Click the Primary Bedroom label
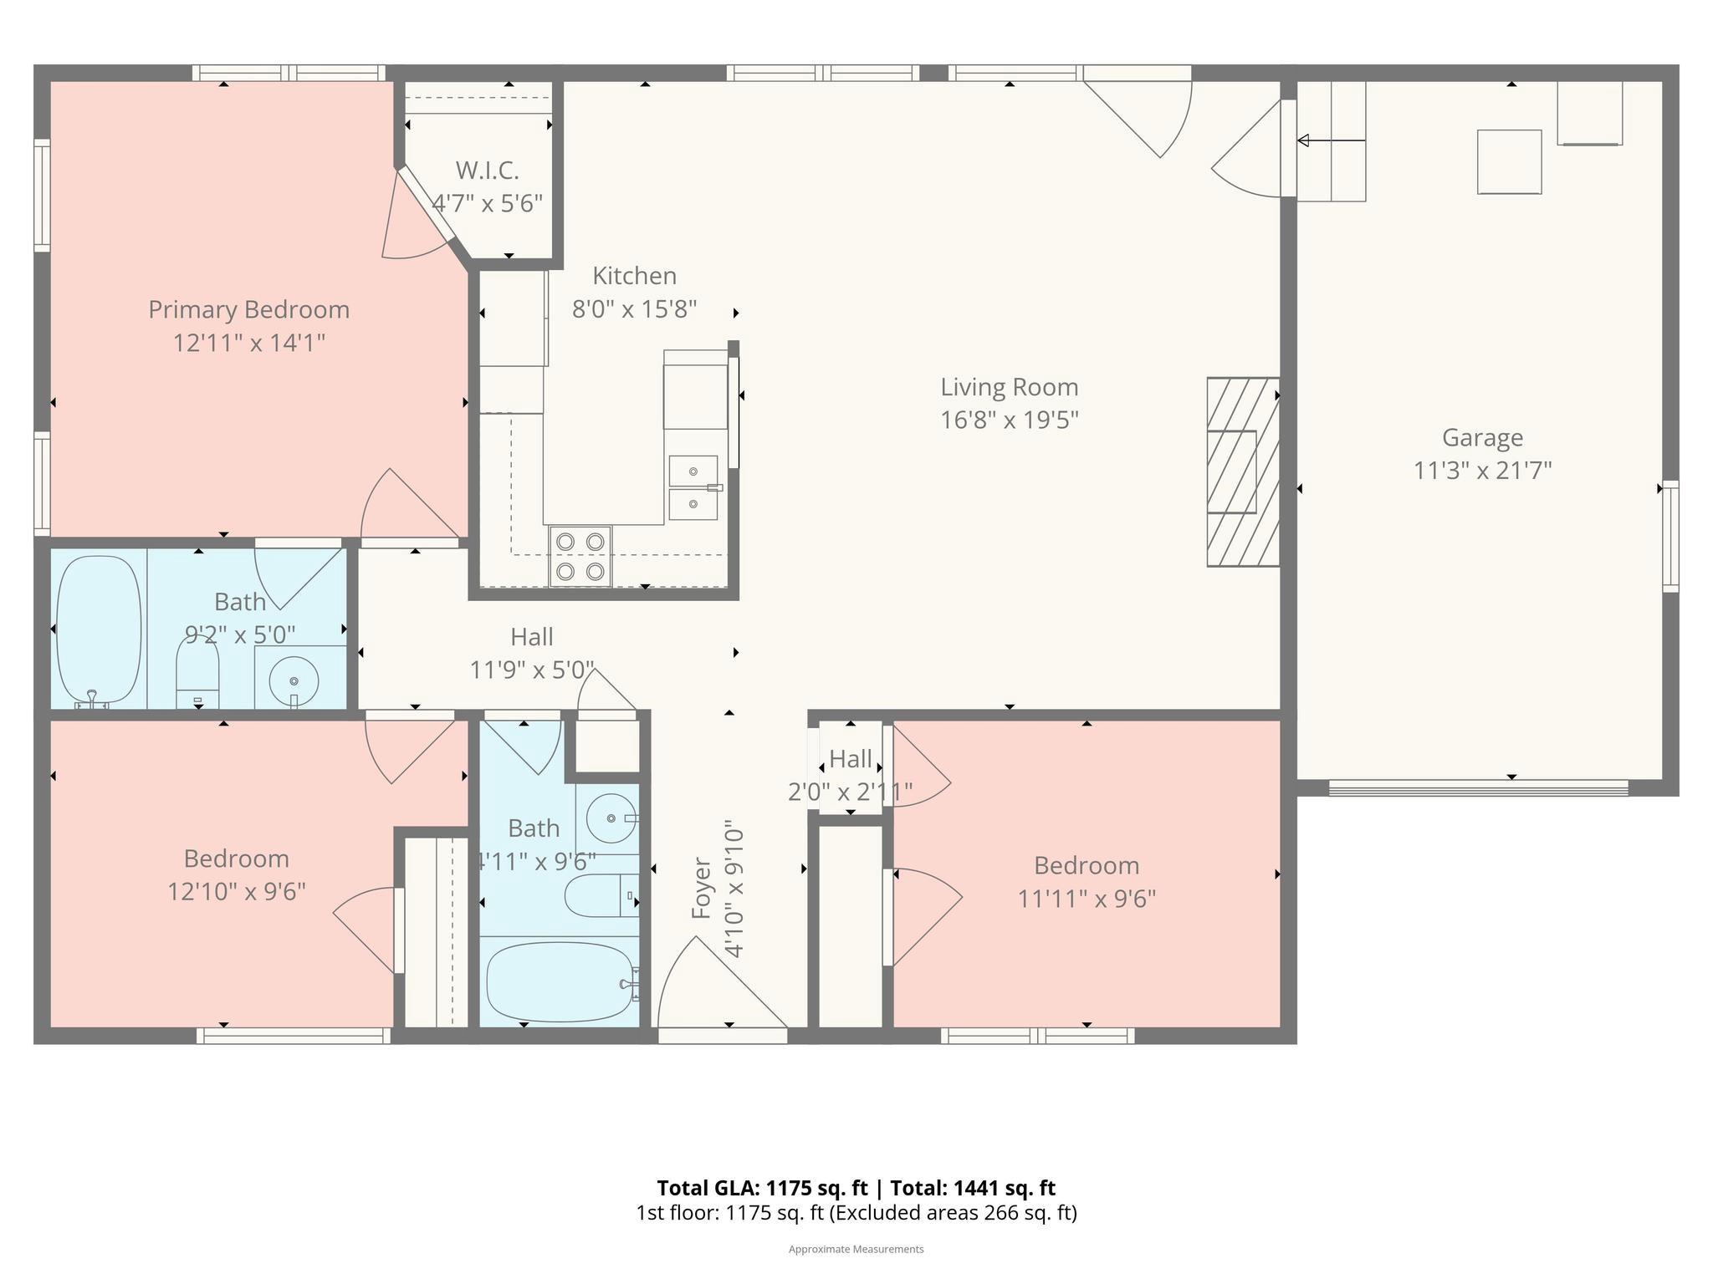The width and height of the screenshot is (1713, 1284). pyautogui.click(x=248, y=310)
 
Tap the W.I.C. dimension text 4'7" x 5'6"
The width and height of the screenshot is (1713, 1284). pyautogui.click(x=487, y=203)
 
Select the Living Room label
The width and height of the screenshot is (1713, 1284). pyautogui.click(x=1009, y=387)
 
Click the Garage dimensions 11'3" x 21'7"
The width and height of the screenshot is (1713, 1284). pyautogui.click(x=1482, y=471)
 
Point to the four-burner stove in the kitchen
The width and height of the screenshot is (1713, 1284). pyautogui.click(x=580, y=556)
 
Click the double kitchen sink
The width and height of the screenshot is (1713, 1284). pyautogui.click(x=693, y=487)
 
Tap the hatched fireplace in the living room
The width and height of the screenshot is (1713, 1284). pyautogui.click(x=1243, y=472)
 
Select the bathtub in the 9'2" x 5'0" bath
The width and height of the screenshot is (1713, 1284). pyautogui.click(x=98, y=629)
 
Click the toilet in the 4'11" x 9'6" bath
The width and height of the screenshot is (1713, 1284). pyautogui.click(x=598, y=896)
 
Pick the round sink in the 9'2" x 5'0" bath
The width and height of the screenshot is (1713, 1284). pyautogui.click(x=294, y=679)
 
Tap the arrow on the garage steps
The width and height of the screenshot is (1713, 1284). pyautogui.click(x=1330, y=140)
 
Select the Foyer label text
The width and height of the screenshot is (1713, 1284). pyautogui.click(x=701, y=888)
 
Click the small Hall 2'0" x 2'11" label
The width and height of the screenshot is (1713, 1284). pyautogui.click(x=851, y=759)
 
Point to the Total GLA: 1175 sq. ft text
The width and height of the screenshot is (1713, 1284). pyautogui.click(x=764, y=1188)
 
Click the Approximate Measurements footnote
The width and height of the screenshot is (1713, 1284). pyautogui.click(x=856, y=1249)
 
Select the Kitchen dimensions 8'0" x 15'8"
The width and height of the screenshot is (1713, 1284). pyautogui.click(x=634, y=309)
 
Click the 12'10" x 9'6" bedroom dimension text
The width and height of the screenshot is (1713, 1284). pyautogui.click(x=237, y=892)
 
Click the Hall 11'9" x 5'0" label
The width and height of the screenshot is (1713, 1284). pyautogui.click(x=532, y=637)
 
